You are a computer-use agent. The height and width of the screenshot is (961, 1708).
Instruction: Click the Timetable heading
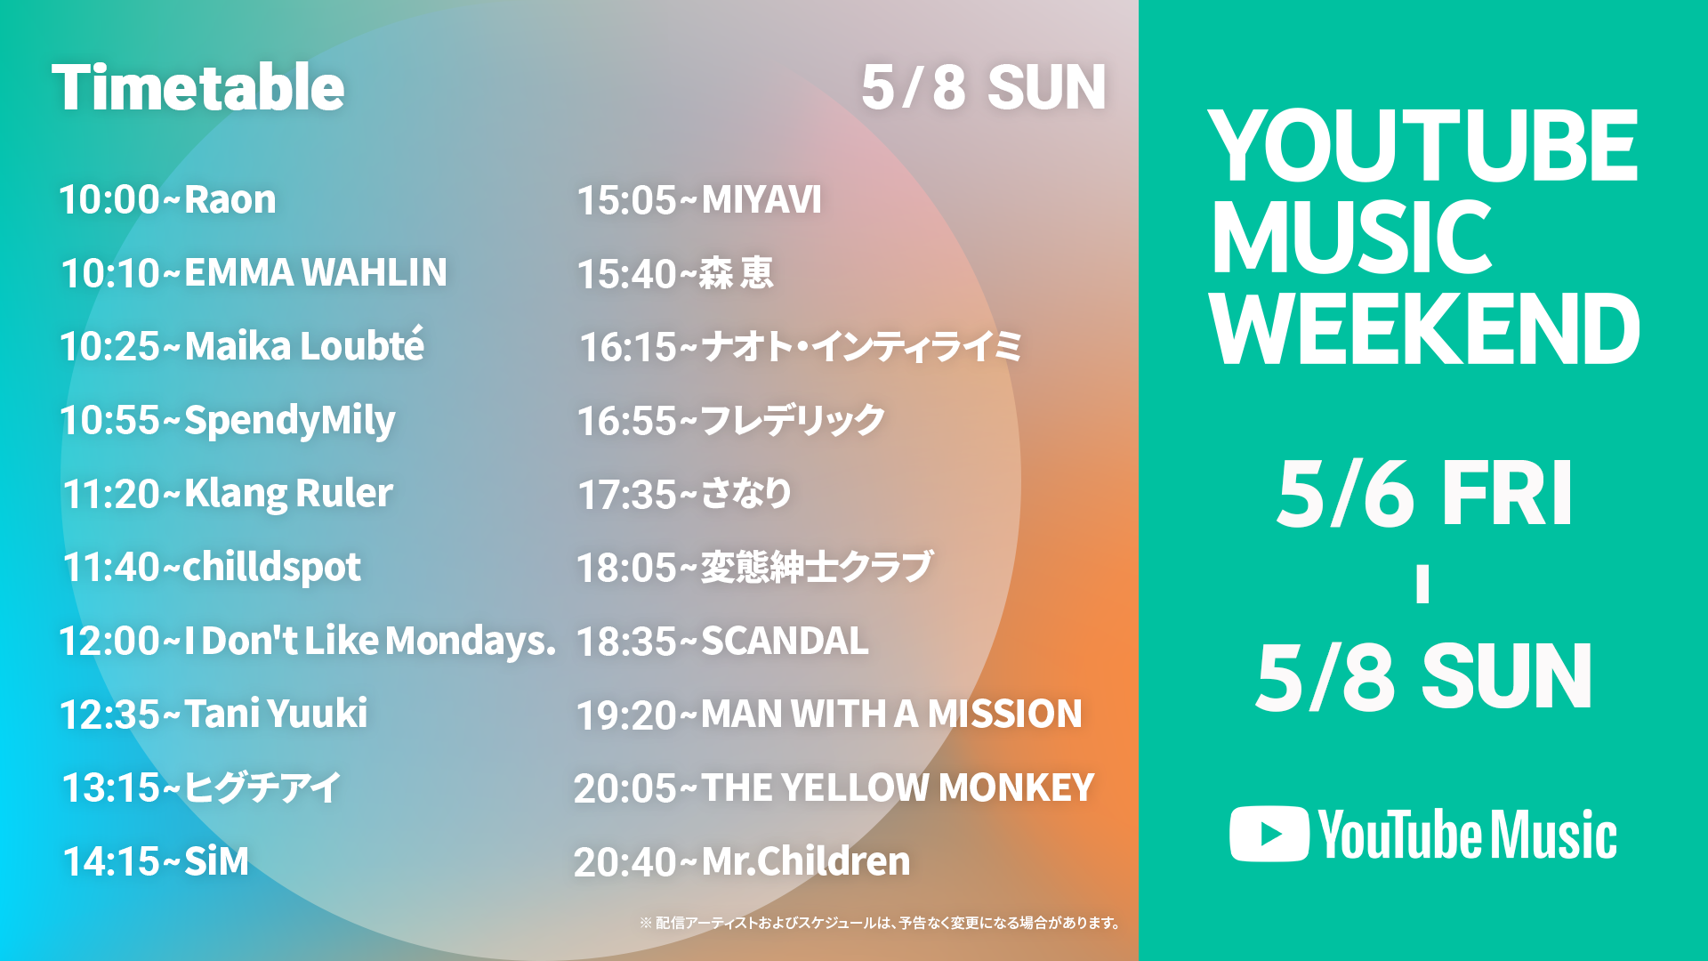click(198, 88)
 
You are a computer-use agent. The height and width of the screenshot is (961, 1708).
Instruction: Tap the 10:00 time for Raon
click(109, 199)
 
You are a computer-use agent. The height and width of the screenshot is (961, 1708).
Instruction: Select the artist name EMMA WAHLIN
click(316, 272)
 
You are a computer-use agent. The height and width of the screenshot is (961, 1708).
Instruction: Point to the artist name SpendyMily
click(290, 421)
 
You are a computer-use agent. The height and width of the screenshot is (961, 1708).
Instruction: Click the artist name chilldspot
click(272, 567)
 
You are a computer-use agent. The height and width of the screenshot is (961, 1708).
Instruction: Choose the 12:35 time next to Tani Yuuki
click(109, 715)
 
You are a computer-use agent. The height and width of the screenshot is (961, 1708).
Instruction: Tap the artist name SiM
click(216, 861)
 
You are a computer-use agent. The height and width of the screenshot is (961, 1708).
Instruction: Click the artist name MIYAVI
click(761, 200)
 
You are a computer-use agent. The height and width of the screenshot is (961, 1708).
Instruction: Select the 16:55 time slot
click(627, 421)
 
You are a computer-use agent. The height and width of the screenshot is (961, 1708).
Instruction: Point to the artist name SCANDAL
click(785, 642)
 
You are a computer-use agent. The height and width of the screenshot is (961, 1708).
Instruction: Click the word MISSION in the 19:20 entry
click(1005, 714)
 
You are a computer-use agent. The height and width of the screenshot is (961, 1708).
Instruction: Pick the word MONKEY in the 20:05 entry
click(1017, 787)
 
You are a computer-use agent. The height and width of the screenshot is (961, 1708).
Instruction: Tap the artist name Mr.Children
click(806, 861)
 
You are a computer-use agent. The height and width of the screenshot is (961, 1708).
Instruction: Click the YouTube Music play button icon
click(1269, 834)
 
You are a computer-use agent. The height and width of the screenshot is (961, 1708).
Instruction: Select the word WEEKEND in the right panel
click(1425, 329)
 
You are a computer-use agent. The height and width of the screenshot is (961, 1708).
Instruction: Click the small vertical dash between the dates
click(1423, 585)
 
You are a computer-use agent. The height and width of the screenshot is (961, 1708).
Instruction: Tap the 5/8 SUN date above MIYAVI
click(984, 87)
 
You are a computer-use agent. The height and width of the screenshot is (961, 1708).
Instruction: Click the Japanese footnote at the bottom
click(881, 923)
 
